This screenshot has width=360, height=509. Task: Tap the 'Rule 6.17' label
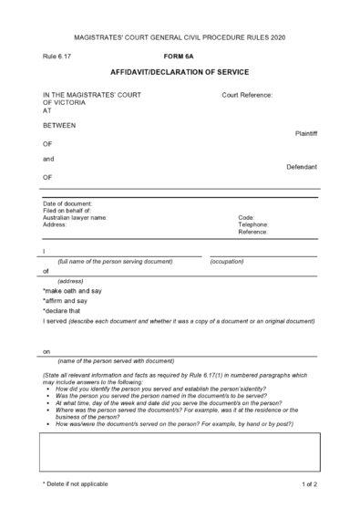point(57,56)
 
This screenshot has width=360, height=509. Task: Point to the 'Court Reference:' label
point(247,94)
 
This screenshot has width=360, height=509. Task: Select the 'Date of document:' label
point(67,203)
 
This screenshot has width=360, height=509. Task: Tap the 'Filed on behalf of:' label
point(67,211)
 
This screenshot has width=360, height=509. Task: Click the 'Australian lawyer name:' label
point(75,218)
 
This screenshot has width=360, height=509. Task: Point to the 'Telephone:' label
point(253,225)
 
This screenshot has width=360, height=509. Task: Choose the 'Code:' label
point(246,218)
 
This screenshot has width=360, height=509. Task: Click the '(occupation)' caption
point(228,262)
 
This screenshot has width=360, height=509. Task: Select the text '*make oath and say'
point(72,291)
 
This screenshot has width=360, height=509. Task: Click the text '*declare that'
point(63,311)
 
